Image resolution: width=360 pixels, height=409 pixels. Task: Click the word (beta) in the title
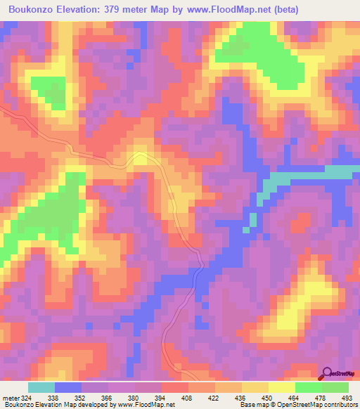[281, 10]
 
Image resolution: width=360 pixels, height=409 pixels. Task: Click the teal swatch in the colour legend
[41, 387]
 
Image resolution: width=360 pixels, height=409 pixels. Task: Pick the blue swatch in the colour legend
[68, 387]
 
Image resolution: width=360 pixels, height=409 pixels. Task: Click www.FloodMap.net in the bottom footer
[148, 405]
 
